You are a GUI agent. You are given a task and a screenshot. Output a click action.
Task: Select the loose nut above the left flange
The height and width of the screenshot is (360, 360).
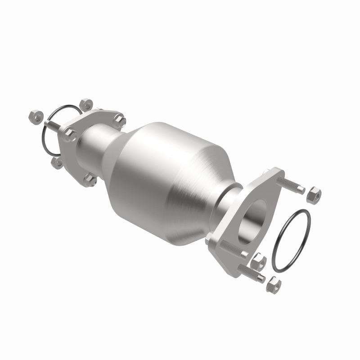pos(85,104)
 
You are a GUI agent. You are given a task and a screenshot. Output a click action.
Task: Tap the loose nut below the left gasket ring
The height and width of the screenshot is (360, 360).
pos(57,162)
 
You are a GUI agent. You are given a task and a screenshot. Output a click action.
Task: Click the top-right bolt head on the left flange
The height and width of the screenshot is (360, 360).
pos(119,120)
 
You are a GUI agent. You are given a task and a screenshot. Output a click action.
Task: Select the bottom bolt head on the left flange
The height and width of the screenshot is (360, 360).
pos(90,180)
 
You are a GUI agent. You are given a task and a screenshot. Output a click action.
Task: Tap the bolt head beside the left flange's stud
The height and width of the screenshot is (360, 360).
pos(69,135)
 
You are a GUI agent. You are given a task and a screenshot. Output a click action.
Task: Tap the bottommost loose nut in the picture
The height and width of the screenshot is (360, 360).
pos(273,285)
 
